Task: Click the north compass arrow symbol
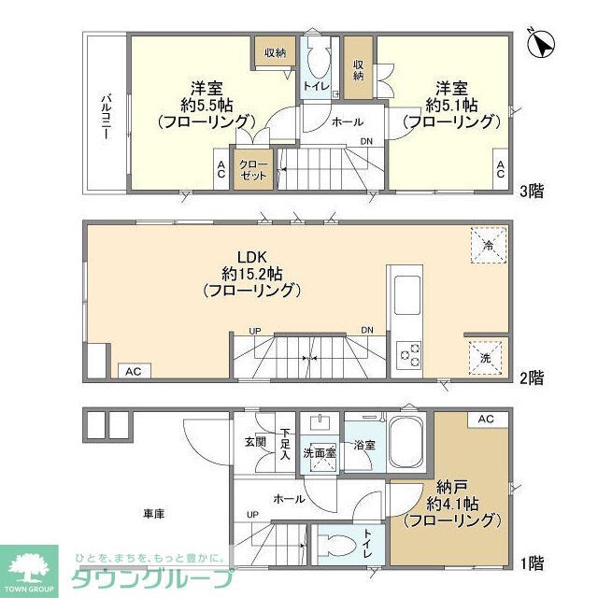(541, 43)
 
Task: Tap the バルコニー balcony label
(106, 117)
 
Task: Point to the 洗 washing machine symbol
(486, 357)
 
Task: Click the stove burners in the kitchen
(409, 354)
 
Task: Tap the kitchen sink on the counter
(409, 295)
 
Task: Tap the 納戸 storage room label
(451, 486)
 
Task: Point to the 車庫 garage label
(154, 514)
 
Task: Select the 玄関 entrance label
(255, 443)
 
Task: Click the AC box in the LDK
(133, 371)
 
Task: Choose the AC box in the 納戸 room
(485, 420)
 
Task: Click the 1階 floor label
(532, 563)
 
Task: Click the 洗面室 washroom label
(319, 453)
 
